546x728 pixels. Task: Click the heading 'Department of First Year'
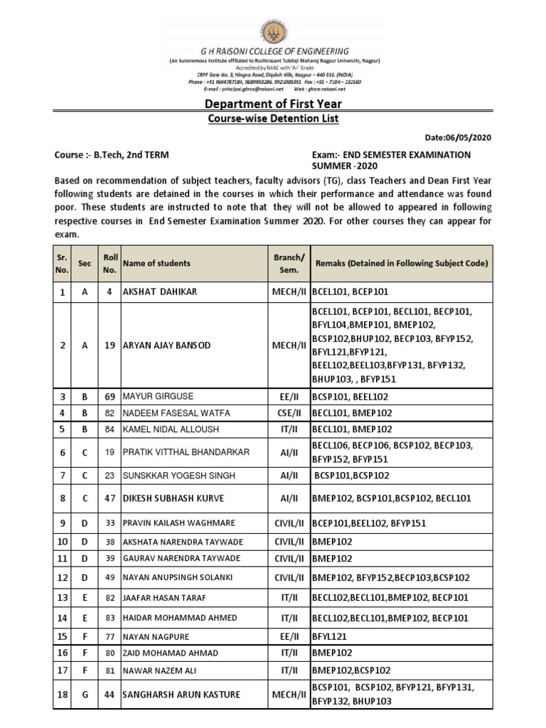coord(273,105)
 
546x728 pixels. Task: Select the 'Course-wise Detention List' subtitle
coord(273,119)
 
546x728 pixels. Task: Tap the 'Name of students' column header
coord(157,263)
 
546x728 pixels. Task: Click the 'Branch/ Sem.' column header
coord(289,263)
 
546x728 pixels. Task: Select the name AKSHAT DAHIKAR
coord(160,291)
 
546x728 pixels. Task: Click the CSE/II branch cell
coord(289,412)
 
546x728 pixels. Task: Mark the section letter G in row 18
coord(85,694)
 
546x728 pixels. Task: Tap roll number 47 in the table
coord(108,499)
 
